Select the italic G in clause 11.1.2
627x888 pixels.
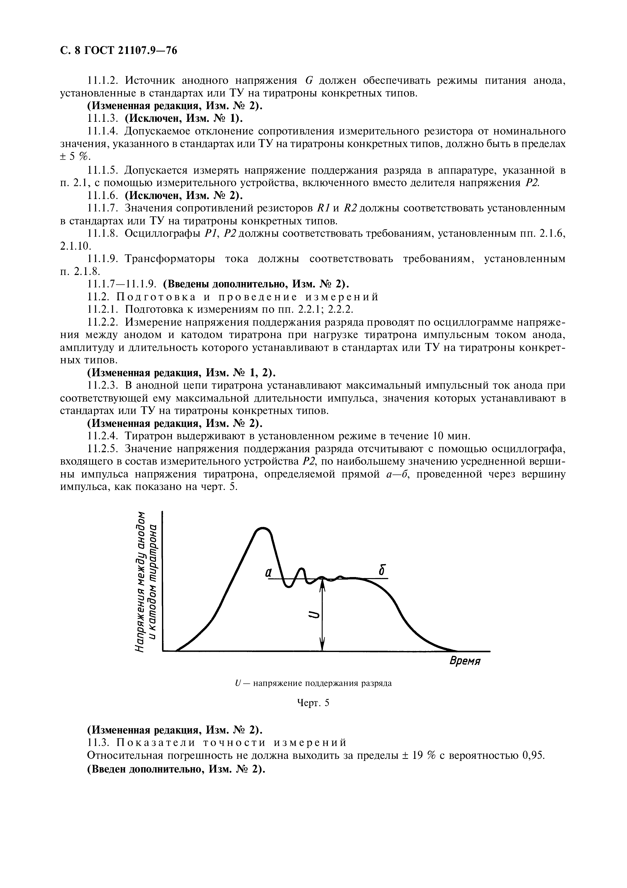click(308, 81)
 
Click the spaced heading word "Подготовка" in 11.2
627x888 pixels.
click(155, 297)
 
